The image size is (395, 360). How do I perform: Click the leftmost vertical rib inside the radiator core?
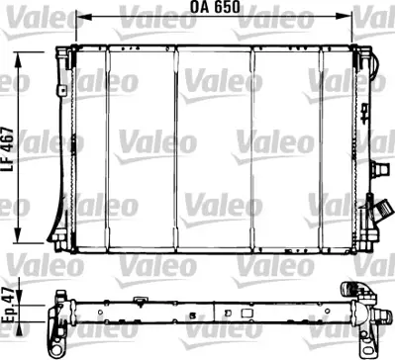[x=108, y=148]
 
